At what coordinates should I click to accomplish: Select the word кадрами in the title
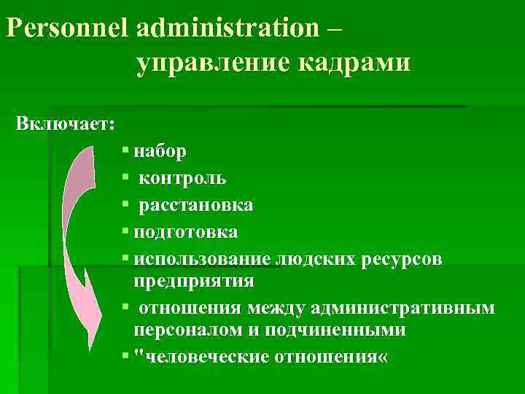click(x=353, y=63)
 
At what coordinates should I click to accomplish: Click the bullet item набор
click(x=160, y=151)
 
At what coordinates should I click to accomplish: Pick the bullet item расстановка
click(x=196, y=205)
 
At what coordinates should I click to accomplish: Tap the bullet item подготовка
click(x=186, y=232)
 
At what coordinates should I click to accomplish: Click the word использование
click(x=202, y=259)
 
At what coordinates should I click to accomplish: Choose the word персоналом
click(x=184, y=329)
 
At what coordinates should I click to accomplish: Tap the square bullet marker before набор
click(x=126, y=151)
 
